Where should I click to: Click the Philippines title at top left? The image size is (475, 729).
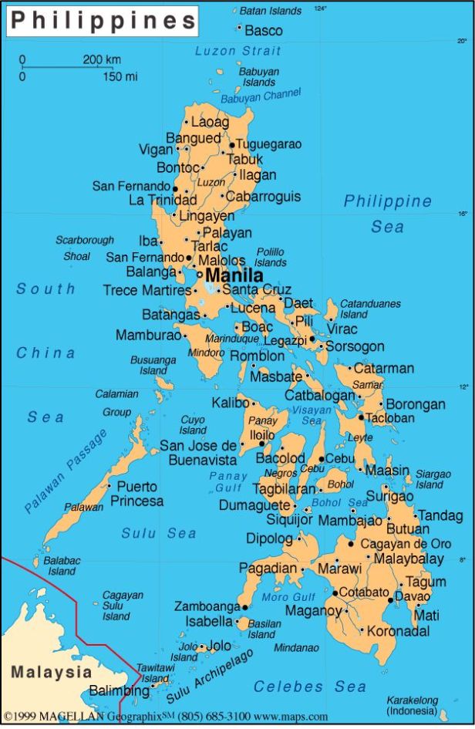[103, 21]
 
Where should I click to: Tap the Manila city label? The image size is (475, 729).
[234, 275]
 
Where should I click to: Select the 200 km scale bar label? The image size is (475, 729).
[102, 59]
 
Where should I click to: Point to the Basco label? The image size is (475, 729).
[264, 31]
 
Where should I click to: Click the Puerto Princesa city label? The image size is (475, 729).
[136, 494]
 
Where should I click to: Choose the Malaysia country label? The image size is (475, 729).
[51, 672]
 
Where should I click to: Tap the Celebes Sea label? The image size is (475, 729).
[310, 686]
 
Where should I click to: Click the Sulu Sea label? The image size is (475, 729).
[158, 533]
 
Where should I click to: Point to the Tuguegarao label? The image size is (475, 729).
[268, 144]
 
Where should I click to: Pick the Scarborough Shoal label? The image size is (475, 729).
[84, 248]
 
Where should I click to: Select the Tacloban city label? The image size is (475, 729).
[390, 418]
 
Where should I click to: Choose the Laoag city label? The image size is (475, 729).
[210, 122]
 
